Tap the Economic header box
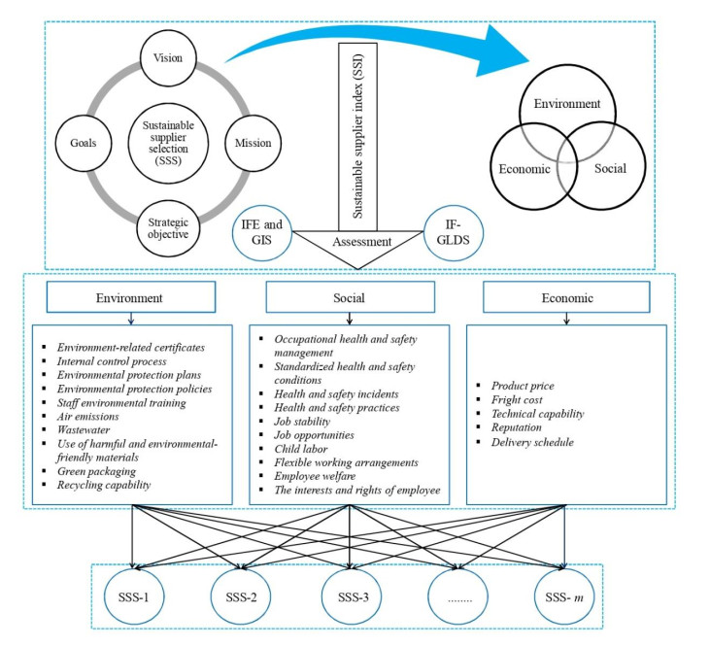567,299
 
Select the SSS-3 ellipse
350,594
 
